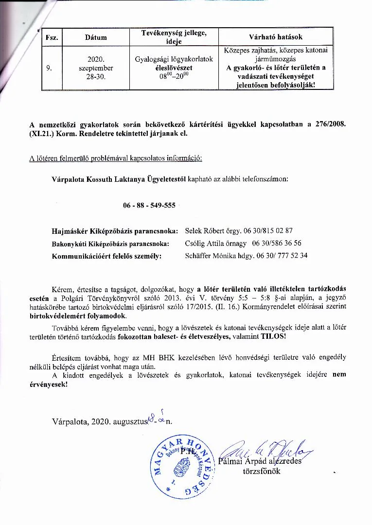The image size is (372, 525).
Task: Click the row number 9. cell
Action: (x=49, y=68)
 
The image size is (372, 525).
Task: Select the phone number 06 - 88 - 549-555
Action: (x=149, y=205)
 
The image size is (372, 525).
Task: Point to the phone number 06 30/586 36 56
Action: (x=277, y=243)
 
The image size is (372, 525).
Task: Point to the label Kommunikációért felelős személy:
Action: (x=106, y=255)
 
